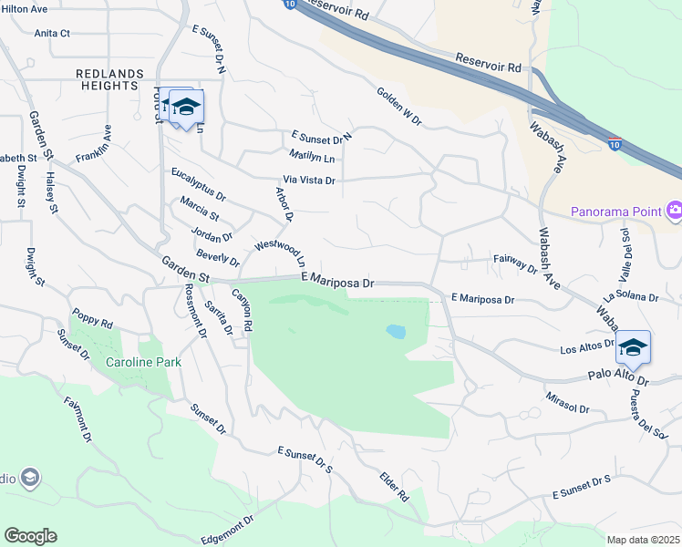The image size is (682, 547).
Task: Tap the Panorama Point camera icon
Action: tap(674, 212)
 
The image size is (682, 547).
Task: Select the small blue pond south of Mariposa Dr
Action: tap(396, 331)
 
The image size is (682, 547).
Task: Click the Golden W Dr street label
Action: tap(398, 106)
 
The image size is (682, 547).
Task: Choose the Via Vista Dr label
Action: tap(309, 181)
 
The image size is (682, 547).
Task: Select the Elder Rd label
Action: tap(394, 486)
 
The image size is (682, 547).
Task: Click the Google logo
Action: tap(30, 536)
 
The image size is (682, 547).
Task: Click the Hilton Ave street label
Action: tap(25, 8)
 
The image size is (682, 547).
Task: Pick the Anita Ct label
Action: tap(52, 33)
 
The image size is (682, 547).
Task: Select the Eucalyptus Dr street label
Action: tap(198, 182)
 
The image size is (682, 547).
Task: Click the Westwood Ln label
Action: tap(285, 253)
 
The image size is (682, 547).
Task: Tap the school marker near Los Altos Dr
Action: tap(633, 347)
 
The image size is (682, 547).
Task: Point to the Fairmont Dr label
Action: tap(77, 418)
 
